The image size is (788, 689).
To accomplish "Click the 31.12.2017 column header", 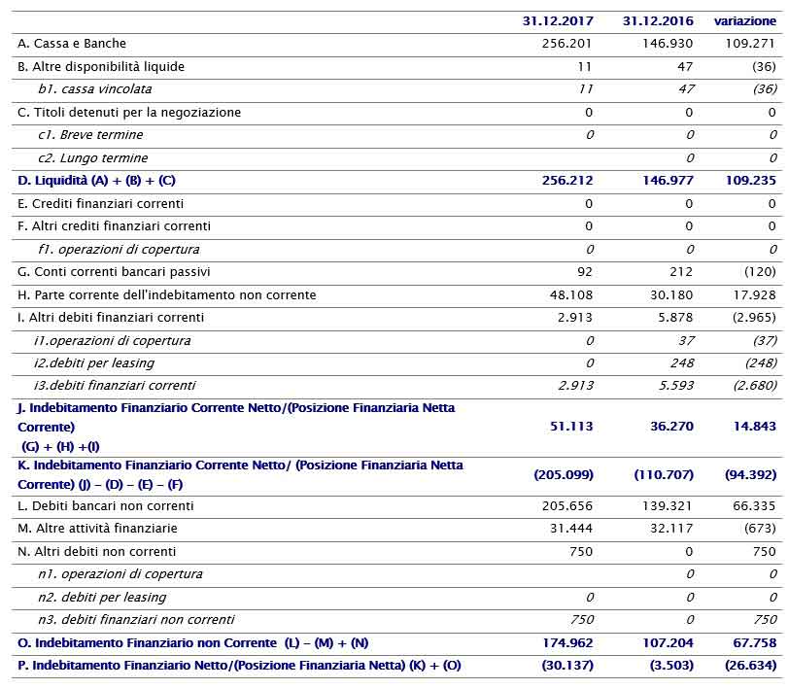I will coord(557,20).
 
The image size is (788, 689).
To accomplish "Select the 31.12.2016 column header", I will coord(658,20).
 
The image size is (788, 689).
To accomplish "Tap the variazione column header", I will coord(745,20).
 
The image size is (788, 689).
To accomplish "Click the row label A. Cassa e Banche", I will coord(72,44).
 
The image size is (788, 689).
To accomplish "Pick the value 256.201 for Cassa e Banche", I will coord(567,44).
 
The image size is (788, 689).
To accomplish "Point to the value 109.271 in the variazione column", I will coord(751,44).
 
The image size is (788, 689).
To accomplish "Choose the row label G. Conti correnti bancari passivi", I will coord(114,272).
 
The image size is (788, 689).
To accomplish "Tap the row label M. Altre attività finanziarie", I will coord(96,529).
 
